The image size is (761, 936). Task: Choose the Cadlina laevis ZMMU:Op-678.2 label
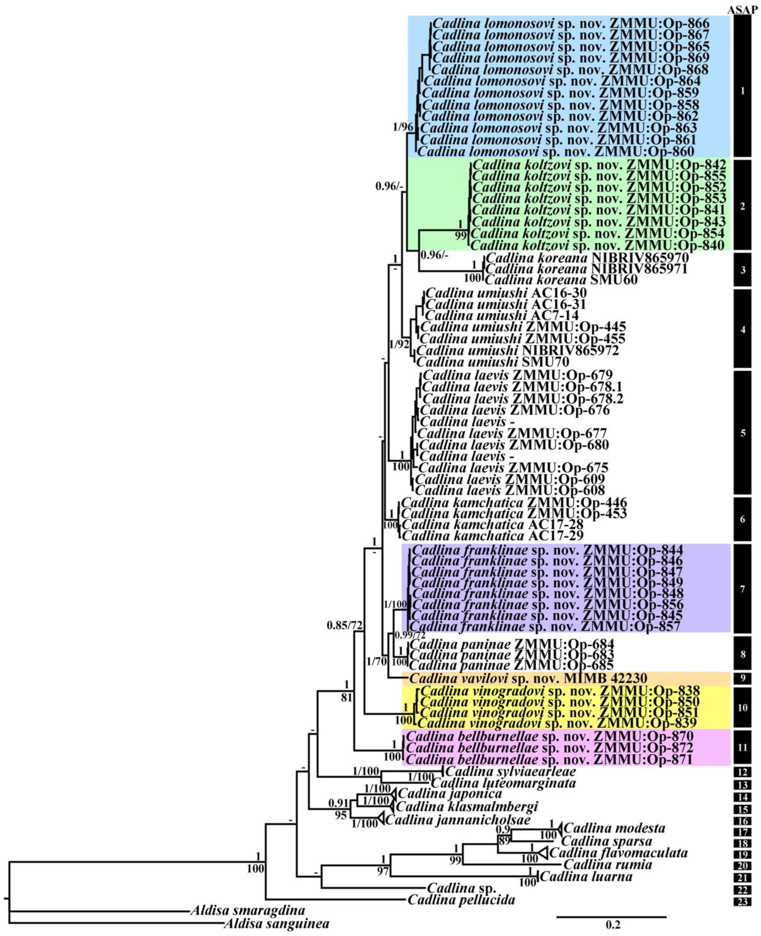point(523,398)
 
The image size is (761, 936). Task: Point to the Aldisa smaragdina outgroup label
point(248,911)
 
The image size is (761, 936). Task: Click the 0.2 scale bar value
point(613,925)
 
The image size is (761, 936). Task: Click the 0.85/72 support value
point(345,625)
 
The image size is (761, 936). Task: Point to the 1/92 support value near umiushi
point(399,344)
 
